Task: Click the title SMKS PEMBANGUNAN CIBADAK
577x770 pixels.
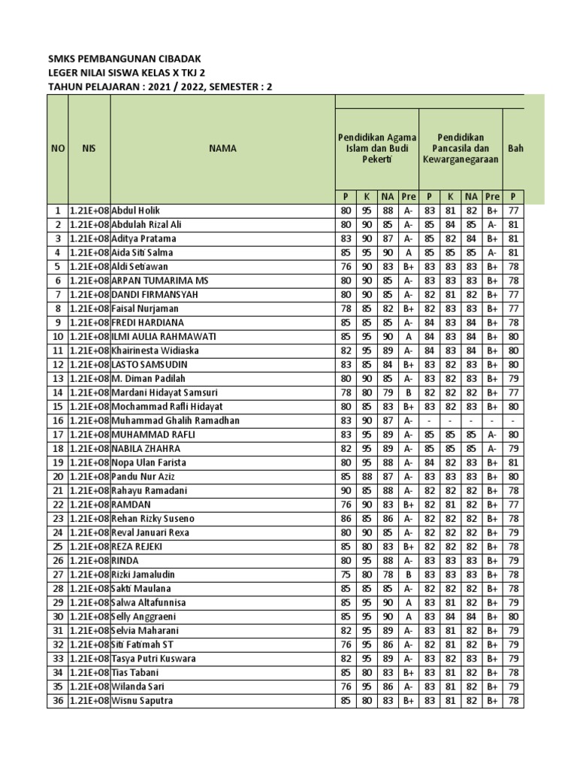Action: [125, 59]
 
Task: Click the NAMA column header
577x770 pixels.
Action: [223, 149]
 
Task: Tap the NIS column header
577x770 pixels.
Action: [89, 149]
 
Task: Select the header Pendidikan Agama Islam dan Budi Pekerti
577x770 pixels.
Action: [376, 148]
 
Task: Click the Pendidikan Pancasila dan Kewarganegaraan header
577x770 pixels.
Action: [460, 148]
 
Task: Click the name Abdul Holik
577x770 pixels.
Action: [136, 211]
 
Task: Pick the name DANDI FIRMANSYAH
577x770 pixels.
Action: [155, 295]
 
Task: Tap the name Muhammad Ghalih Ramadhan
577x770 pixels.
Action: [176, 420]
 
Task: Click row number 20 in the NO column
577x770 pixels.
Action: [58, 477]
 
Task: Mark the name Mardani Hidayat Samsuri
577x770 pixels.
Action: [165, 393]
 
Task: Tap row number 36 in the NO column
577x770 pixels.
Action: [58, 701]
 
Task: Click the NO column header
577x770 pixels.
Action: [58, 149]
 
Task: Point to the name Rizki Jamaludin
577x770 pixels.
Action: [143, 574]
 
